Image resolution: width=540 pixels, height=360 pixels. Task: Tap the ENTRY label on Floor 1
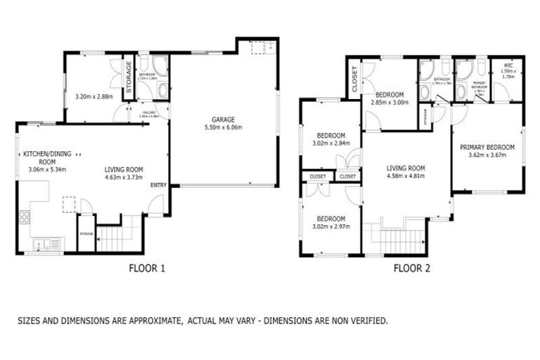tap(158, 185)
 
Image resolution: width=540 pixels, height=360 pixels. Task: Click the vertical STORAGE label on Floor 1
tap(129, 77)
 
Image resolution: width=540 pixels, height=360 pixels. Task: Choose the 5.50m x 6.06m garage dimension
tap(224, 128)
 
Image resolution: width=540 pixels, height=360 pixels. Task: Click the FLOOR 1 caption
tap(147, 267)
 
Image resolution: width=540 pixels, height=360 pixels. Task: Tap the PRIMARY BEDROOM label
tap(487, 148)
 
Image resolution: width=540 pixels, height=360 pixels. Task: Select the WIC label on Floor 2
tap(507, 65)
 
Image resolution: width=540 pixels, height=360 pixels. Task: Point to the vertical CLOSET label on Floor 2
tap(354, 78)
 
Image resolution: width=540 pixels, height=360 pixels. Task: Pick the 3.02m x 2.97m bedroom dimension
tap(330, 226)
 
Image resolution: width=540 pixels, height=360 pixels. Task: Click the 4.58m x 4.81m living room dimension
tap(406, 176)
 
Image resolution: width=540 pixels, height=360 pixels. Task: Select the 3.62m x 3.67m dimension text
tap(487, 156)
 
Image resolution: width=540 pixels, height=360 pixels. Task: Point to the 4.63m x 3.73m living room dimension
tap(124, 177)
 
